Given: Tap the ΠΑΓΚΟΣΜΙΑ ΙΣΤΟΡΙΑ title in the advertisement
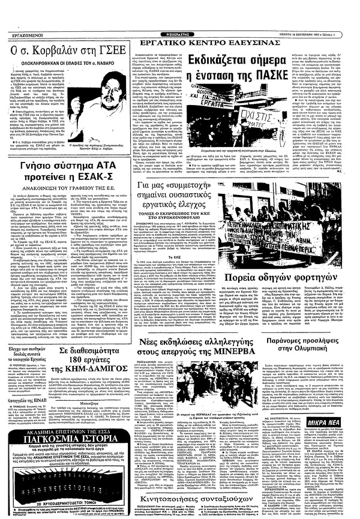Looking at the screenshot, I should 64,423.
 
